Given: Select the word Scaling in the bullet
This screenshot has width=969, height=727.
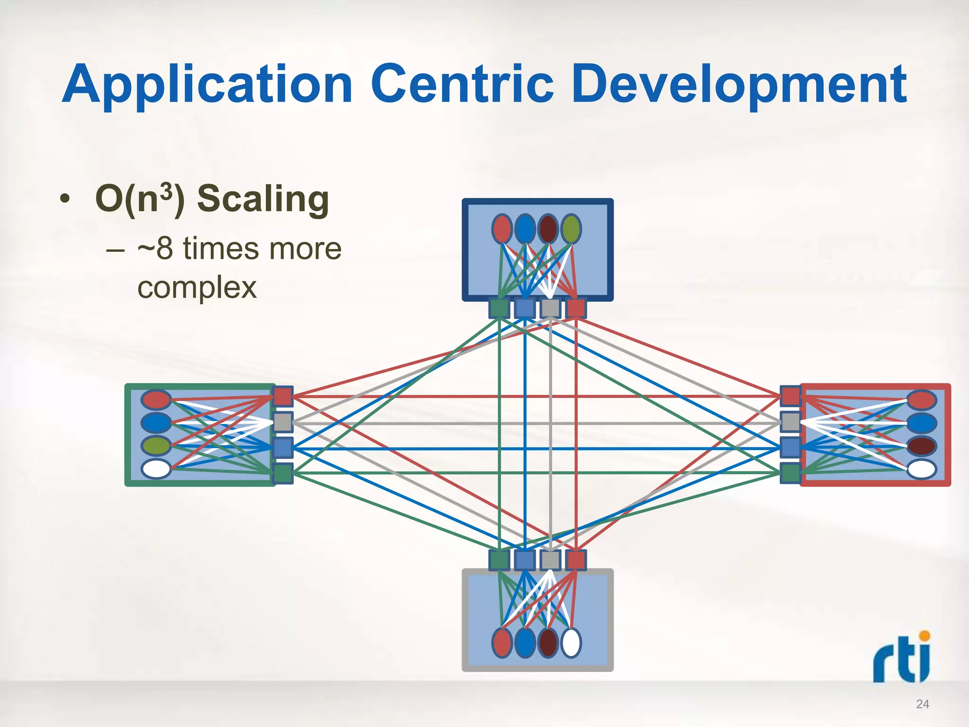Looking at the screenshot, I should point(263,199).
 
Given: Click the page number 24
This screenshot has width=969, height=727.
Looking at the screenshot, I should point(922,704).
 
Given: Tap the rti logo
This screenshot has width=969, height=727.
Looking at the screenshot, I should point(902,658).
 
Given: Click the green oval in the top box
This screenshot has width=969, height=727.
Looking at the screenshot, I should point(571,229).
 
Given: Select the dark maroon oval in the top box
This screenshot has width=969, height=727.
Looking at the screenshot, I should point(548,229).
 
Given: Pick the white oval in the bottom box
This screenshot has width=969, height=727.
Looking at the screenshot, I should point(571,643).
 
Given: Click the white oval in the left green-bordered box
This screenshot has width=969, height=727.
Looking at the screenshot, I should point(156,469).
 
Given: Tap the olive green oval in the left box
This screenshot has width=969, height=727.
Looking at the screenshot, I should point(156,446).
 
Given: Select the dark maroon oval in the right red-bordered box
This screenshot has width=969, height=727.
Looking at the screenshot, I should point(922,446).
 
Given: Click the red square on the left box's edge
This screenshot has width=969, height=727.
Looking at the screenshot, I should point(283,396).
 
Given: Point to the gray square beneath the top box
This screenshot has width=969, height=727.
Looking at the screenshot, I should point(550,308).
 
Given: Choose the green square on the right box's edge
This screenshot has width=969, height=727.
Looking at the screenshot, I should point(790,473).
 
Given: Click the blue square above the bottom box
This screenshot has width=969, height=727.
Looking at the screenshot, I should point(524,560).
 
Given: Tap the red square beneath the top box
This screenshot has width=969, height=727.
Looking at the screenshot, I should point(576,308).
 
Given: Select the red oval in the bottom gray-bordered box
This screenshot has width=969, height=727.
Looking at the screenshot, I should point(502,643).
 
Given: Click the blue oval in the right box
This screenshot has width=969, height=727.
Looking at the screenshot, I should point(922,423).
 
